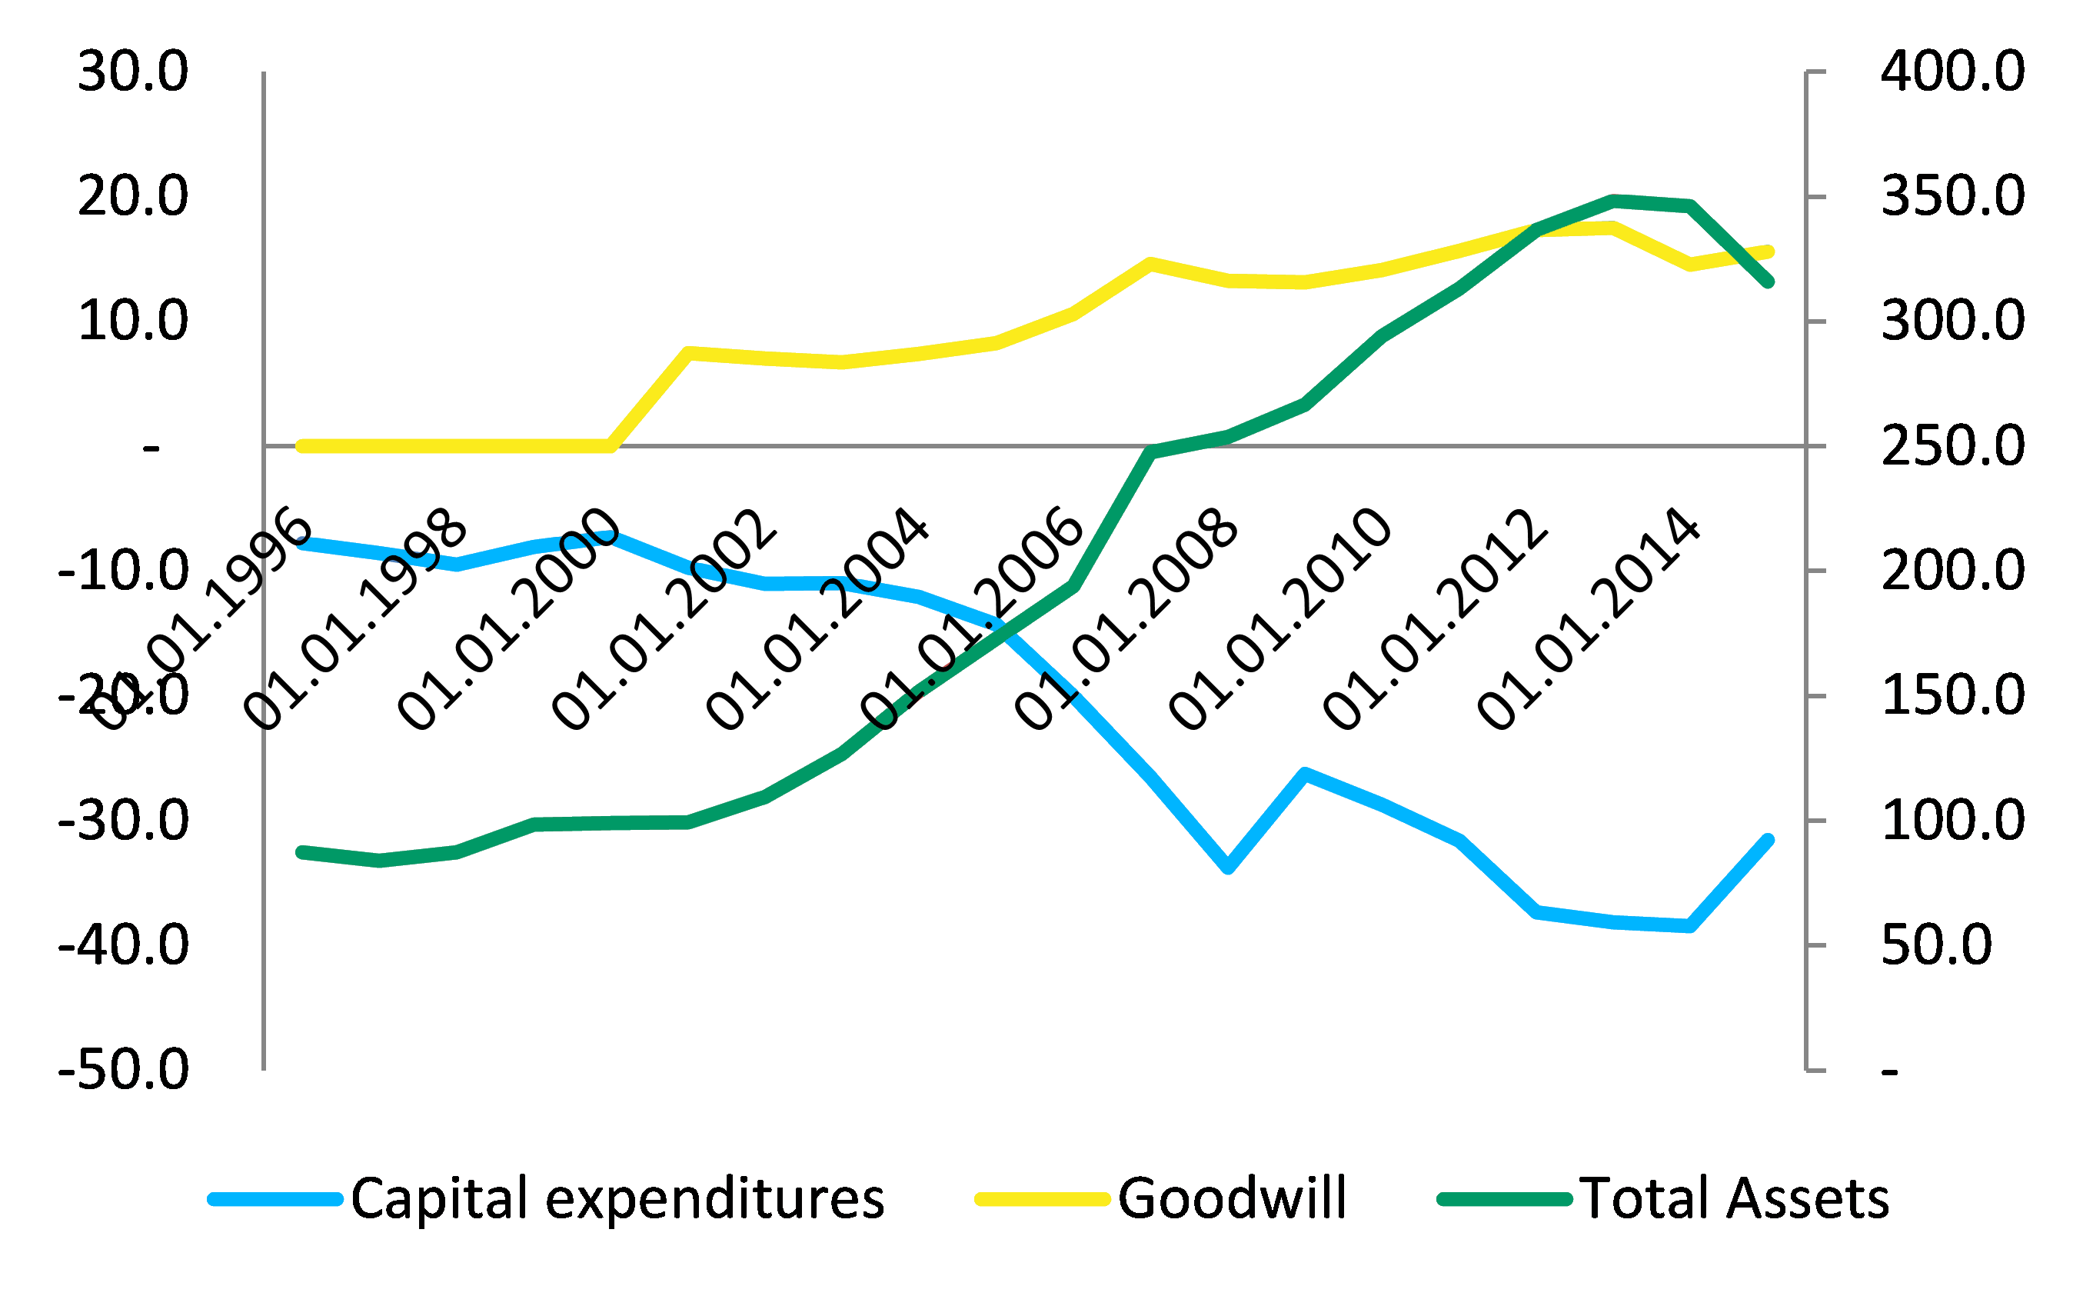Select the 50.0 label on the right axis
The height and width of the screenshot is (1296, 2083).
pyautogui.click(x=1936, y=945)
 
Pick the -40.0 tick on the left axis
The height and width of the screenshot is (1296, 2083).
pyautogui.click(x=123, y=945)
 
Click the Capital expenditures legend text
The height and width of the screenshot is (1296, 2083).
pyautogui.click(x=617, y=1198)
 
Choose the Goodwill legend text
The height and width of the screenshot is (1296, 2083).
pyautogui.click(x=1232, y=1198)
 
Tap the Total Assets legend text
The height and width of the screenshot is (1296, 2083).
pyautogui.click(x=1734, y=1198)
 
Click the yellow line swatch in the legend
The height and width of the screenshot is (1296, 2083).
pyautogui.click(x=1043, y=1200)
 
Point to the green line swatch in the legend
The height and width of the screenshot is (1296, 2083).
pyautogui.click(x=1506, y=1200)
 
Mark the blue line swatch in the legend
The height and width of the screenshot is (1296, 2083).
pyautogui.click(x=275, y=1200)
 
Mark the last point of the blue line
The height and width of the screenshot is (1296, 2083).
pyautogui.click(x=1768, y=840)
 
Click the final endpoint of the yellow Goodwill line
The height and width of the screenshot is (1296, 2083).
pyautogui.click(x=1768, y=252)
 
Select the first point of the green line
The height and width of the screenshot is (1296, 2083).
pyautogui.click(x=301, y=852)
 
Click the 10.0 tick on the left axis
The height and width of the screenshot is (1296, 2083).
pyautogui.click(x=133, y=322)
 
